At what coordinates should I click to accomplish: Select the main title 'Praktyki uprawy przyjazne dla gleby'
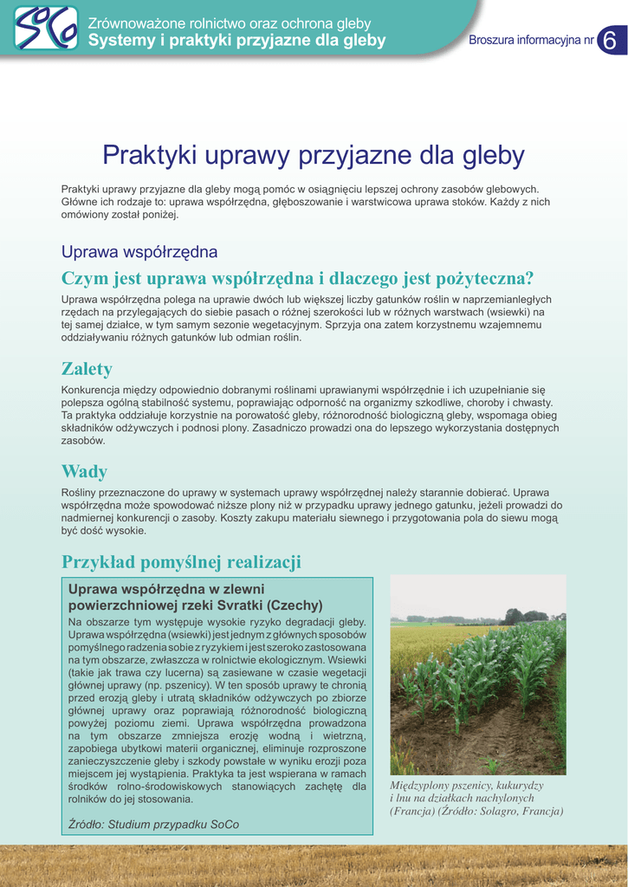(314, 156)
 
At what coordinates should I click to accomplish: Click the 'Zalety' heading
(87, 369)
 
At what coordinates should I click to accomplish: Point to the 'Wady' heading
(84, 472)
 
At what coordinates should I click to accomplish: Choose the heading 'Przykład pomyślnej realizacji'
(181, 563)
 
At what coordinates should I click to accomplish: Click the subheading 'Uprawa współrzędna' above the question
(139, 252)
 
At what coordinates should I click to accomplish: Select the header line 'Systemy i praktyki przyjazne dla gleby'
(236, 41)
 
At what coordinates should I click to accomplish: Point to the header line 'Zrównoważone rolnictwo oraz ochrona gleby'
(230, 23)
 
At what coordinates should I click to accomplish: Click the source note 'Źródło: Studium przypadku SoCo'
(153, 824)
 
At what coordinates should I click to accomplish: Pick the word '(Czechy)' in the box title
(295, 605)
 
